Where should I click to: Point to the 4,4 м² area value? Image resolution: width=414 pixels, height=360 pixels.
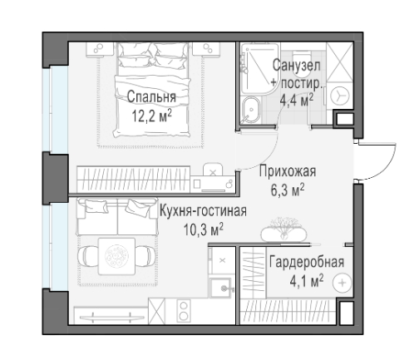297,97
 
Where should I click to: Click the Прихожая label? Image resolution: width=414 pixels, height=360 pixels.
287,172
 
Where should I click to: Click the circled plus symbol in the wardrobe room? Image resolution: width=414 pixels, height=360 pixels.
341,284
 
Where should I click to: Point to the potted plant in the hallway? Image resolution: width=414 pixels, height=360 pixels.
285,226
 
